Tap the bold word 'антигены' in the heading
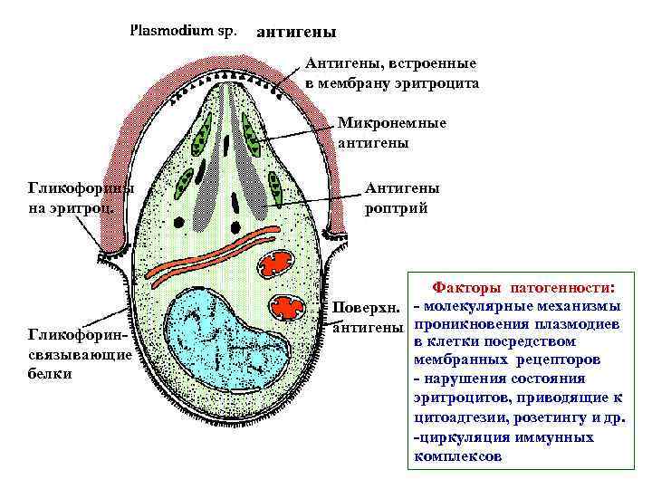(296, 32)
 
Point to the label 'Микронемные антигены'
(391, 132)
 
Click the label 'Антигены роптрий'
(402, 197)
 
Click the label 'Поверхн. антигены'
(366, 316)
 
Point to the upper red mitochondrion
(280, 264)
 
